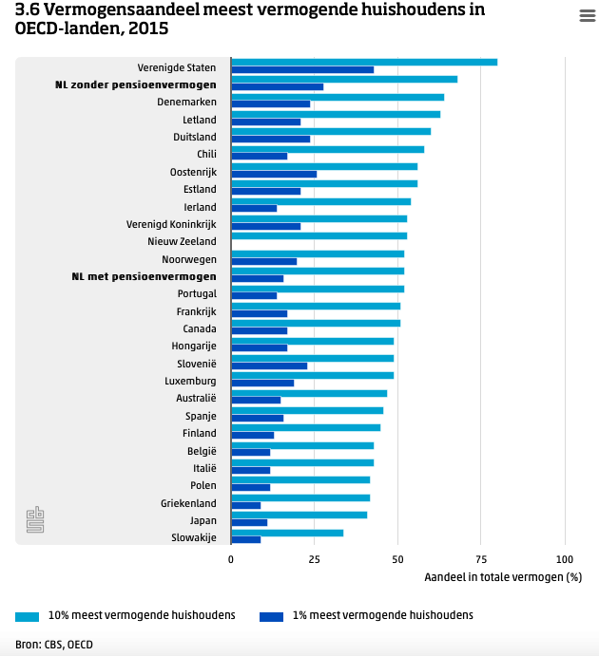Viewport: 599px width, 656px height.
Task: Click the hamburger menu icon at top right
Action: click(x=587, y=15)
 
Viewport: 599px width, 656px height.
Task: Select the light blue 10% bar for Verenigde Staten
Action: click(x=364, y=63)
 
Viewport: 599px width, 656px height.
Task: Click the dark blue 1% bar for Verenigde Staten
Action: click(x=302, y=69)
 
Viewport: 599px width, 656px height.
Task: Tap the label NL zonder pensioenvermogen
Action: click(x=136, y=85)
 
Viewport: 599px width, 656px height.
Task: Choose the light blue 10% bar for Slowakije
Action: click(x=287, y=533)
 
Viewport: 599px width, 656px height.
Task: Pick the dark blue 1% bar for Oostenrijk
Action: click(x=274, y=174)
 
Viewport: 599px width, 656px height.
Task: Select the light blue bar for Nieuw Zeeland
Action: click(x=319, y=235)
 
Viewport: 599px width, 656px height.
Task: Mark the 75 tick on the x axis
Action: click(x=481, y=560)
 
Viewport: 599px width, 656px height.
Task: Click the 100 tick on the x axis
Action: click(x=565, y=560)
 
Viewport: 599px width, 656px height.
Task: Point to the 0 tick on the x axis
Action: click(x=231, y=560)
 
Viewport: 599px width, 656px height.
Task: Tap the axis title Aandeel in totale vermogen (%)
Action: click(x=502, y=577)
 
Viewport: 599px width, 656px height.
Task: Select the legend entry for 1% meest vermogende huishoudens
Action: click(x=366, y=615)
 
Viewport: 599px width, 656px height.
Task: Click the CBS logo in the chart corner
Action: click(x=35, y=520)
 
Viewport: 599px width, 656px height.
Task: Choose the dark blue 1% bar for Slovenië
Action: click(x=269, y=365)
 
